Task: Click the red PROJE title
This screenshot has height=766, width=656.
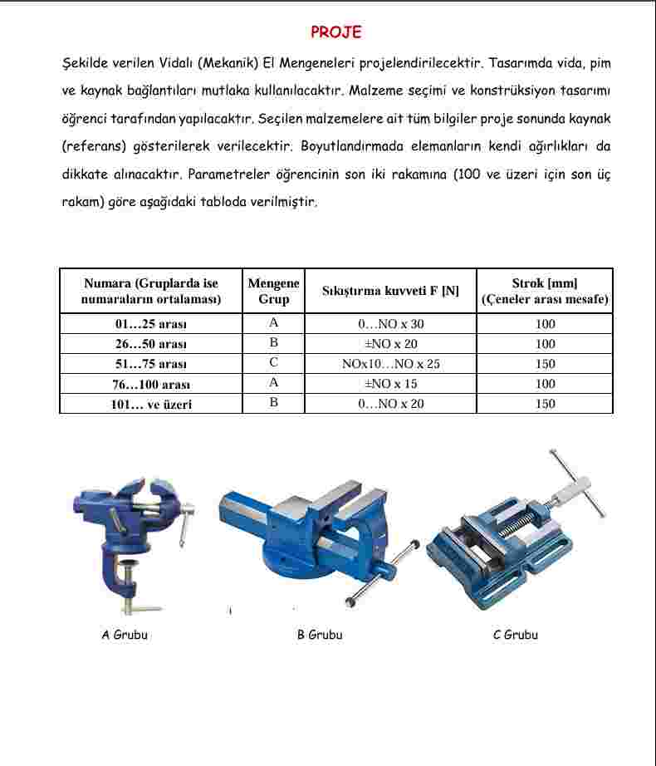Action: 335,32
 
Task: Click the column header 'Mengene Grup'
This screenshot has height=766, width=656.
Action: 273,291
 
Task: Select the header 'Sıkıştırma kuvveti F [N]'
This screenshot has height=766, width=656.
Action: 390,291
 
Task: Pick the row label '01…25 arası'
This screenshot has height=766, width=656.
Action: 151,324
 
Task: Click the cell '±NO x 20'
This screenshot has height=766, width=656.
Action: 390,344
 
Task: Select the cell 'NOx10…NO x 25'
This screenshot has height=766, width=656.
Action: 390,364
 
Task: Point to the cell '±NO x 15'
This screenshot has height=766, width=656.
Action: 390,384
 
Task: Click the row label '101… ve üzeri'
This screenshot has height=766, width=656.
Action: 151,404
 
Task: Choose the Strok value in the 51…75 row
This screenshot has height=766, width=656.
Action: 545,364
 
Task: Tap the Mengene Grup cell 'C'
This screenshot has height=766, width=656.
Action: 273,363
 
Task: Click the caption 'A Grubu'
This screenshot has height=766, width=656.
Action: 125,635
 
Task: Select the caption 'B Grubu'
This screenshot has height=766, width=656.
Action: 320,635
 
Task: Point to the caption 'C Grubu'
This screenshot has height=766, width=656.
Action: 515,635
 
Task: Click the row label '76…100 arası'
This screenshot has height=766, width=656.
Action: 151,384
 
